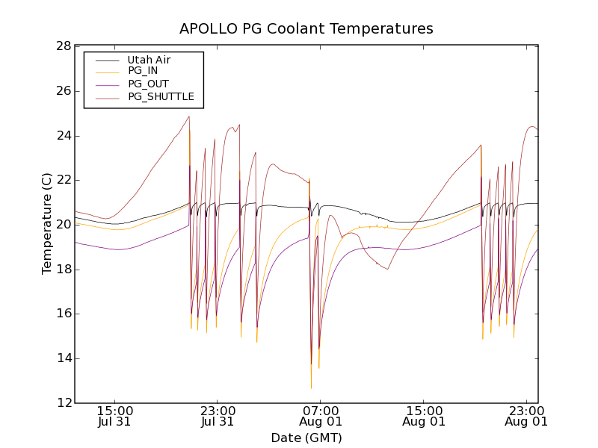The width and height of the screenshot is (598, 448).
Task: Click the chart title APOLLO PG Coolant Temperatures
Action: tap(306, 29)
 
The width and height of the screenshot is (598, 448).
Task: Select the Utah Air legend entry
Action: tap(149, 60)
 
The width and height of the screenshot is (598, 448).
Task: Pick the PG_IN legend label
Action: tap(143, 71)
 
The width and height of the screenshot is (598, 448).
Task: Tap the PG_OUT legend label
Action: tap(148, 84)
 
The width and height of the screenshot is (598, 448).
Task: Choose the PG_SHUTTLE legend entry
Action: tap(161, 96)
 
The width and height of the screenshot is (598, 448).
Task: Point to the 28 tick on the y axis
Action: tap(63, 46)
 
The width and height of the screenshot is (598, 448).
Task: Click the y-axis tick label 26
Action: tap(63, 91)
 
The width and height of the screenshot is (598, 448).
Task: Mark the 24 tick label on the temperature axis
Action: tap(63, 136)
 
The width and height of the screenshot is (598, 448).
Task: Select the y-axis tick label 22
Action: tap(63, 180)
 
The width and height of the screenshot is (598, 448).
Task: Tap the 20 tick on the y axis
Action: tap(63, 225)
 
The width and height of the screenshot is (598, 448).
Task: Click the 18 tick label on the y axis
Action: tap(63, 270)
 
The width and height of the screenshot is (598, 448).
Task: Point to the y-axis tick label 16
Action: tap(63, 314)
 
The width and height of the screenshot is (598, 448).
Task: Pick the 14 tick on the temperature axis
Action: tap(63, 358)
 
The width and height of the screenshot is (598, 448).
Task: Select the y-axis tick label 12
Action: tap(63, 403)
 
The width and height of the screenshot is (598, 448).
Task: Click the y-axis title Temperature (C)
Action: tap(47, 224)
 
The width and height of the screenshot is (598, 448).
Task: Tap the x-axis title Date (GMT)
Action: tap(306, 438)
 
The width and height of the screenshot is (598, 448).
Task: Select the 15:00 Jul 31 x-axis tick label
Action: tap(114, 415)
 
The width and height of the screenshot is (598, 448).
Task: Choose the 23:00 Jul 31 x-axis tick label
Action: tap(218, 415)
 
